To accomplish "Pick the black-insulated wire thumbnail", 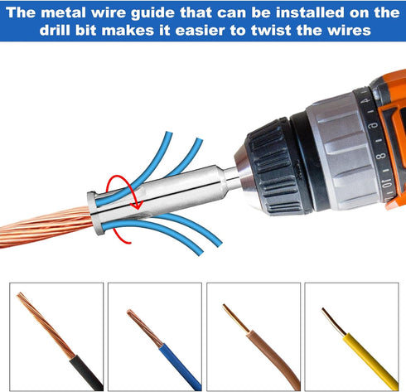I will click(56, 336).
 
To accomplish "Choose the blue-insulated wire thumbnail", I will click(155, 336).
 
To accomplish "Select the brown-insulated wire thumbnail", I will click(253, 336).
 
